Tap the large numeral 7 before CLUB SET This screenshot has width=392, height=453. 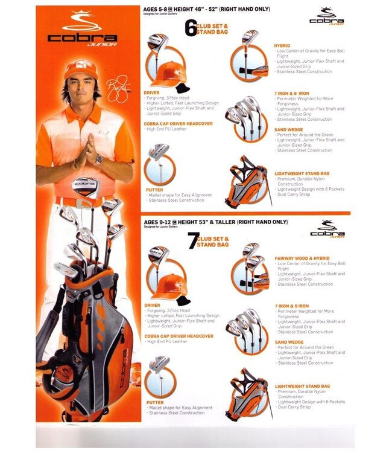click(x=191, y=241)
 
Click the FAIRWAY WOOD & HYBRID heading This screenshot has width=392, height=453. click(x=302, y=258)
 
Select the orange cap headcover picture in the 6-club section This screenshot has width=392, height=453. click(x=164, y=75)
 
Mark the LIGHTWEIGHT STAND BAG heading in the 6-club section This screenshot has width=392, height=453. click(x=302, y=173)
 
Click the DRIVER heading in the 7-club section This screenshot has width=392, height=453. click(x=152, y=305)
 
